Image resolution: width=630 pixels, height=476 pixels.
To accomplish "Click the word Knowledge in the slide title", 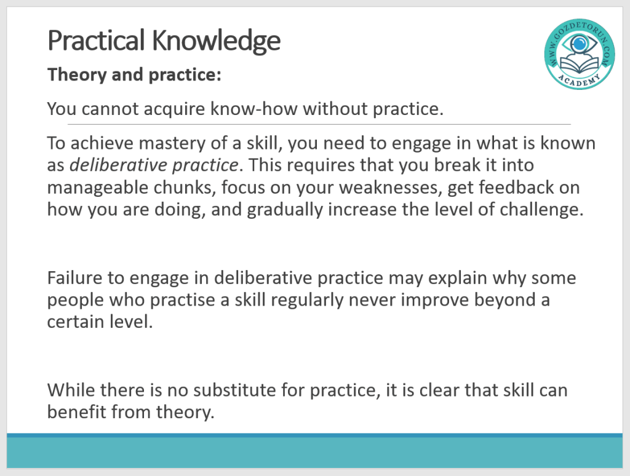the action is (216, 41).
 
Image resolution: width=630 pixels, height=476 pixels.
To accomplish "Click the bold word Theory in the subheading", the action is (76, 75).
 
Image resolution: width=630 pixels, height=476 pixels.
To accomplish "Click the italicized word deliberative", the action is (118, 165).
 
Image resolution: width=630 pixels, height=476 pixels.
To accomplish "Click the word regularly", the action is (308, 300).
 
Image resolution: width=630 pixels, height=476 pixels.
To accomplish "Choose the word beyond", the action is (507, 300).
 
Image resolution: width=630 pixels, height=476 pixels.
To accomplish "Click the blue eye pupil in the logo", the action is (579, 43).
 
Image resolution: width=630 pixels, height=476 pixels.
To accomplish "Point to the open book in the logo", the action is (579, 65).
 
